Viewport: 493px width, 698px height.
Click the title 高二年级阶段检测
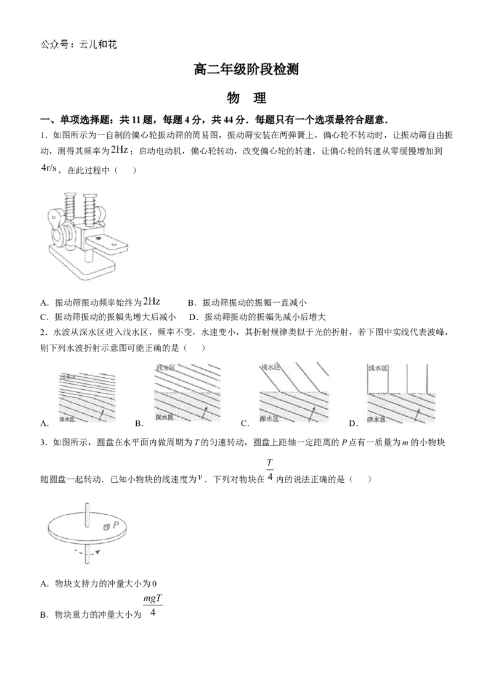[246, 70]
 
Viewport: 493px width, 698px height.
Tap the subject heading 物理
[246, 98]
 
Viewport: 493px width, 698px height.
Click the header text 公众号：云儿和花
[79, 44]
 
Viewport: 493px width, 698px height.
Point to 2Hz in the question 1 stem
[120, 150]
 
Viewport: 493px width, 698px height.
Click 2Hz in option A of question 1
[151, 302]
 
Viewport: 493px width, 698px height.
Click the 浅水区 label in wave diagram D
[378, 368]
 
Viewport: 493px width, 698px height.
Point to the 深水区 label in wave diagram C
[269, 419]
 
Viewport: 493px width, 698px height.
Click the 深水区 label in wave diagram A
[68, 419]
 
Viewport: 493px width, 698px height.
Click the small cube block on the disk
[107, 527]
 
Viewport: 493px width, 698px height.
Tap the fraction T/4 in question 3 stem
[270, 470]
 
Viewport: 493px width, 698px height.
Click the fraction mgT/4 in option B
[153, 606]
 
